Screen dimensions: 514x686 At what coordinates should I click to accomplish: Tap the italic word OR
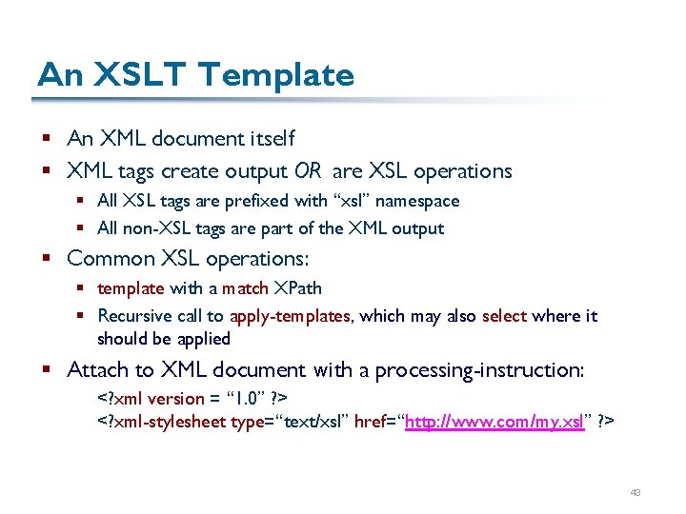coord(308,171)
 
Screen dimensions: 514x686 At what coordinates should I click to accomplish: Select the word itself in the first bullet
coord(270,138)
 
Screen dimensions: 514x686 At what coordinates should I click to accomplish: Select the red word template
coord(131,288)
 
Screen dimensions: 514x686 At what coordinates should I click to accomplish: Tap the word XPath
coord(298,288)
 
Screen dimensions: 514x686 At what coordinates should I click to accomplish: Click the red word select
coord(505,316)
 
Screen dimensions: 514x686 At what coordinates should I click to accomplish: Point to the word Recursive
coord(134,316)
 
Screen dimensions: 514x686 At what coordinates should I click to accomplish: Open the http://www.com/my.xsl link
coord(494,421)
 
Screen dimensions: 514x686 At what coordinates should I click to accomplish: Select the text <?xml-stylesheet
coord(162,421)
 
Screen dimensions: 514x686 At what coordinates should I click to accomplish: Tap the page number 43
coord(636,493)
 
